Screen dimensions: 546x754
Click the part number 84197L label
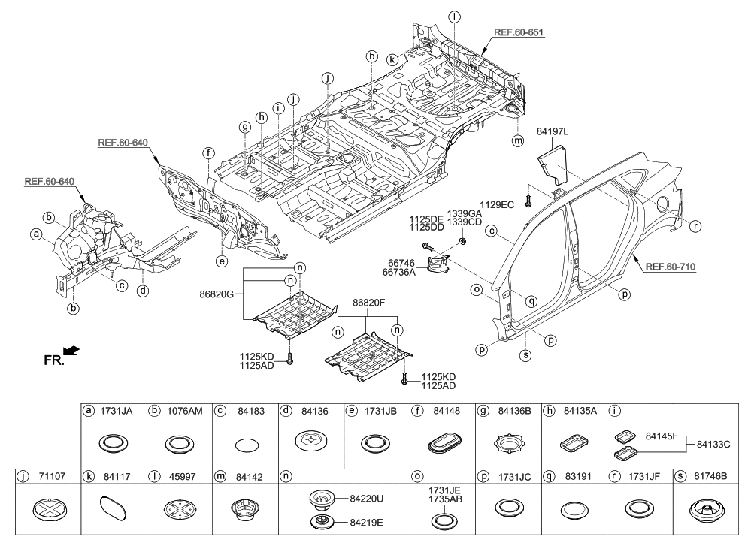point(552,132)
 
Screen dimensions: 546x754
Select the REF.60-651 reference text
point(519,33)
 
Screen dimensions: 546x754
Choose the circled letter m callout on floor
point(516,140)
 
